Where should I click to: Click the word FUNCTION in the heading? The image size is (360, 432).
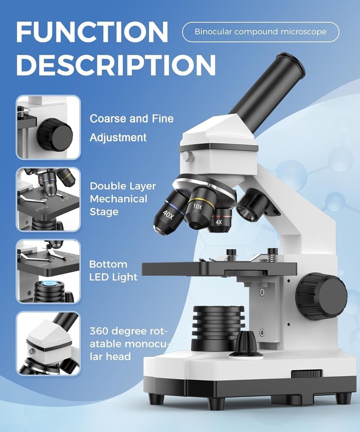click(x=92, y=31)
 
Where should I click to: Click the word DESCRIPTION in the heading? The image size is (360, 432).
click(x=115, y=65)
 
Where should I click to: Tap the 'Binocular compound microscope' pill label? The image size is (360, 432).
click(x=260, y=32)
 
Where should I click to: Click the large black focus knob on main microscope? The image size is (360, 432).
click(x=322, y=296)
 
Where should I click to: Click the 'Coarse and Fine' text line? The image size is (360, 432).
click(x=131, y=118)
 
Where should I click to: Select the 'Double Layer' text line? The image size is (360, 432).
click(x=123, y=186)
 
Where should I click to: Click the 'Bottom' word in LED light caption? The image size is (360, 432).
click(x=108, y=264)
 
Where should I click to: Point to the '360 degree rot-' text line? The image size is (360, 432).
click(x=127, y=331)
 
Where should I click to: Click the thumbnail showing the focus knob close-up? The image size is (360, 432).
click(x=48, y=127)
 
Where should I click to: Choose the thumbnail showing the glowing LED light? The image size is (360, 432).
click(x=48, y=272)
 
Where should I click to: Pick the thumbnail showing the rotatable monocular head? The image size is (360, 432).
click(x=48, y=344)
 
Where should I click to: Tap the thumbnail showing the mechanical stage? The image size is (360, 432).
click(x=48, y=200)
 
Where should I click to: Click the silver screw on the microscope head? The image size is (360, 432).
click(x=186, y=156)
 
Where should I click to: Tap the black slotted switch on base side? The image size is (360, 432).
click(x=306, y=374)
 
